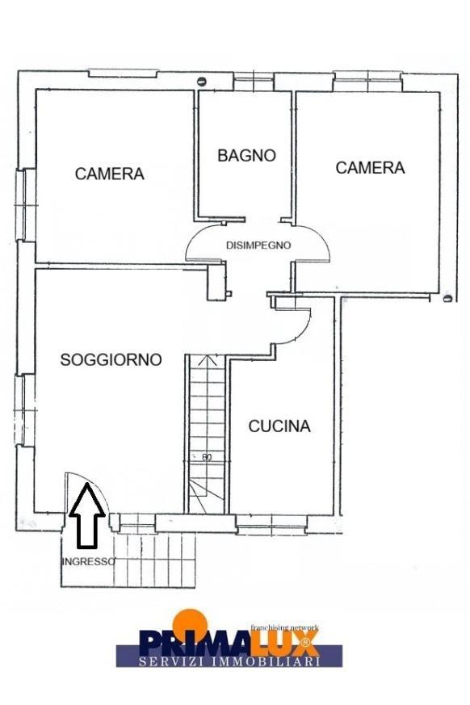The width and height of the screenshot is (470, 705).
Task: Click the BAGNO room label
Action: [246, 156]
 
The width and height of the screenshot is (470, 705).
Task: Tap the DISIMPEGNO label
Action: [258, 245]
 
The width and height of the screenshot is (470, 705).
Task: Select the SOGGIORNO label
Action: [111, 359]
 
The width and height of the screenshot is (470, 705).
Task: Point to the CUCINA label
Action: [279, 426]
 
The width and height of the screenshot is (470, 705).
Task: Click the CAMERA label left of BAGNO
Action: [109, 174]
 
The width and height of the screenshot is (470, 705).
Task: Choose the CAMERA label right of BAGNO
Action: [370, 168]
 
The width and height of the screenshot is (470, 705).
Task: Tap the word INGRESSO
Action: [88, 561]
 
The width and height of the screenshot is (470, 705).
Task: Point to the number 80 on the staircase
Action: [207, 457]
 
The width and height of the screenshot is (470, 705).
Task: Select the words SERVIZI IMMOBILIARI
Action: [229, 661]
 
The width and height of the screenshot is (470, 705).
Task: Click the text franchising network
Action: [285, 627]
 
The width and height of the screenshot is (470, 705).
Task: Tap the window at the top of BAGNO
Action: [254, 82]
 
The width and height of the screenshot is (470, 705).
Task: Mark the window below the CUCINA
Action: [271, 525]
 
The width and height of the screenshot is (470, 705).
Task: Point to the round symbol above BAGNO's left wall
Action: [202, 82]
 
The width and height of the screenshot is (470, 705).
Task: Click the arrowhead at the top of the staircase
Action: [207, 359]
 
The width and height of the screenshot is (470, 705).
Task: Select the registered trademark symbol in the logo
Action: [305, 641]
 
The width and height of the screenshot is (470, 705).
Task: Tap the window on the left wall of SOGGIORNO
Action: [24, 410]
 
